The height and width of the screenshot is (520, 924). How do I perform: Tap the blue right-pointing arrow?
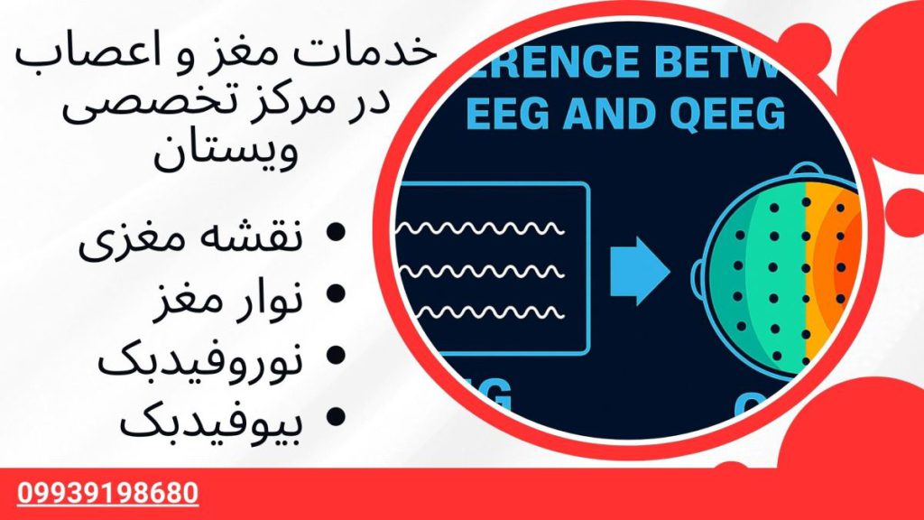pyautogui.click(x=640, y=269)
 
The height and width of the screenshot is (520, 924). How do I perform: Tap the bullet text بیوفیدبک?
pyautogui.click(x=199, y=420)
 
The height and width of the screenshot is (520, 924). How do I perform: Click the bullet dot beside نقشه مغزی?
pyautogui.click(x=336, y=236)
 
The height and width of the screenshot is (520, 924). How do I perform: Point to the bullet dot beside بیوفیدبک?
pyautogui.click(x=336, y=416)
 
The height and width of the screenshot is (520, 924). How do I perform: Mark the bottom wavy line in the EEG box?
pyautogui.click(x=486, y=313)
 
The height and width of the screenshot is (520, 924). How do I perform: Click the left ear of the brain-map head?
pyautogui.click(x=698, y=272)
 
